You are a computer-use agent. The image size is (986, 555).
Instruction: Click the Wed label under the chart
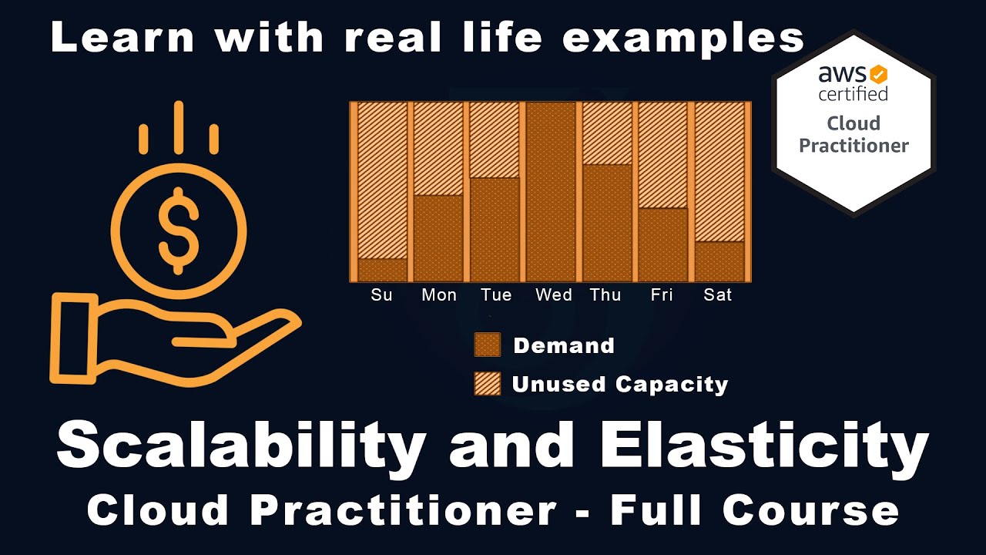[x=554, y=295]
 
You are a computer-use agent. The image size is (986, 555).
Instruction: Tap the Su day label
[x=381, y=295]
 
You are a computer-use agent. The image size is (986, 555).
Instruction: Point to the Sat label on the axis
[x=718, y=295]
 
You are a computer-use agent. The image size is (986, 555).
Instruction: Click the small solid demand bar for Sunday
[x=383, y=270]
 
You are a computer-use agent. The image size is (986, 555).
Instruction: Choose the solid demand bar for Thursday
[x=607, y=223]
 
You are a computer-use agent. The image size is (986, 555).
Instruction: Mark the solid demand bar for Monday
[x=438, y=238]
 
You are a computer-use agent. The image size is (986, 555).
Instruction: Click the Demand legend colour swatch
[x=487, y=345]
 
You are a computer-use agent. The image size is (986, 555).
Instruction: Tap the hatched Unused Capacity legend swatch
[x=487, y=384]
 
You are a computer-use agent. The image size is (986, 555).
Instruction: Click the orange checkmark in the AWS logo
[x=878, y=75]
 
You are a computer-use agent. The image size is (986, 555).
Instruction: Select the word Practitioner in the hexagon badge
[x=854, y=146]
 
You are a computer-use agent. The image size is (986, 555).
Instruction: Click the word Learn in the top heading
[x=120, y=39]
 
